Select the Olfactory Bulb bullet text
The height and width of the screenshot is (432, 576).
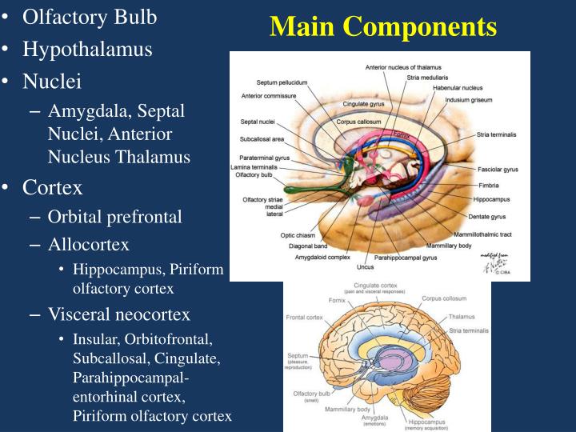pyautogui.click(x=90, y=16)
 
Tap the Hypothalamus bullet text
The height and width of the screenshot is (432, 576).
pyautogui.click(x=87, y=49)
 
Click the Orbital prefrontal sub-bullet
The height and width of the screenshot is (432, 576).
pyautogui.click(x=114, y=216)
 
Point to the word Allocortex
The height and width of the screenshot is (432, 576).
pyautogui.click(x=88, y=243)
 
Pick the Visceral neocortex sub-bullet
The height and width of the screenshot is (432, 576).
pyautogui.click(x=118, y=314)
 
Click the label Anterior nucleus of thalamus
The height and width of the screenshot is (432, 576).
pyautogui.click(x=404, y=69)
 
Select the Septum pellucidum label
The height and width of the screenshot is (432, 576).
pyautogui.click(x=282, y=82)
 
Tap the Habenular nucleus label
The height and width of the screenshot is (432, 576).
pyautogui.click(x=458, y=87)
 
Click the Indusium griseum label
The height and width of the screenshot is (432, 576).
pyautogui.click(x=470, y=99)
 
